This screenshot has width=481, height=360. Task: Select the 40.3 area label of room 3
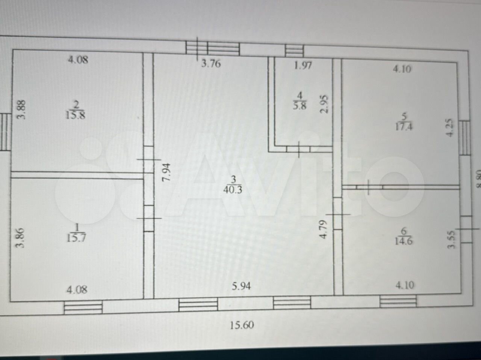[x=233, y=190]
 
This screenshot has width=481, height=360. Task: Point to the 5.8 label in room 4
[x=300, y=105]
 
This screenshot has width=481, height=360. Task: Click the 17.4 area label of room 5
[x=404, y=127]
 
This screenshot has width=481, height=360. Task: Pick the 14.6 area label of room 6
[x=404, y=241]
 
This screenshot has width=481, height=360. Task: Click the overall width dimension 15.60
[x=242, y=325]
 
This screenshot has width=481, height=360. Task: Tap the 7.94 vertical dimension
[x=166, y=172]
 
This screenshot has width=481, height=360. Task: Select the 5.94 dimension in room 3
[x=241, y=287]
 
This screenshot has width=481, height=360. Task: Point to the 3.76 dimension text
[x=211, y=63]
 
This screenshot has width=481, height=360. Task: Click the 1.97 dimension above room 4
[x=303, y=66]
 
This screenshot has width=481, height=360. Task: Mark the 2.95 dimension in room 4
[x=324, y=104]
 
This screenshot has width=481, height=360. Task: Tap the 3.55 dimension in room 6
[x=452, y=239]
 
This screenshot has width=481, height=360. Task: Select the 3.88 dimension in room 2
[x=21, y=109]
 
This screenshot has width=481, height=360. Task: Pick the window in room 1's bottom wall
[x=83, y=308]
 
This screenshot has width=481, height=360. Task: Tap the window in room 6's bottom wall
[x=398, y=301]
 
